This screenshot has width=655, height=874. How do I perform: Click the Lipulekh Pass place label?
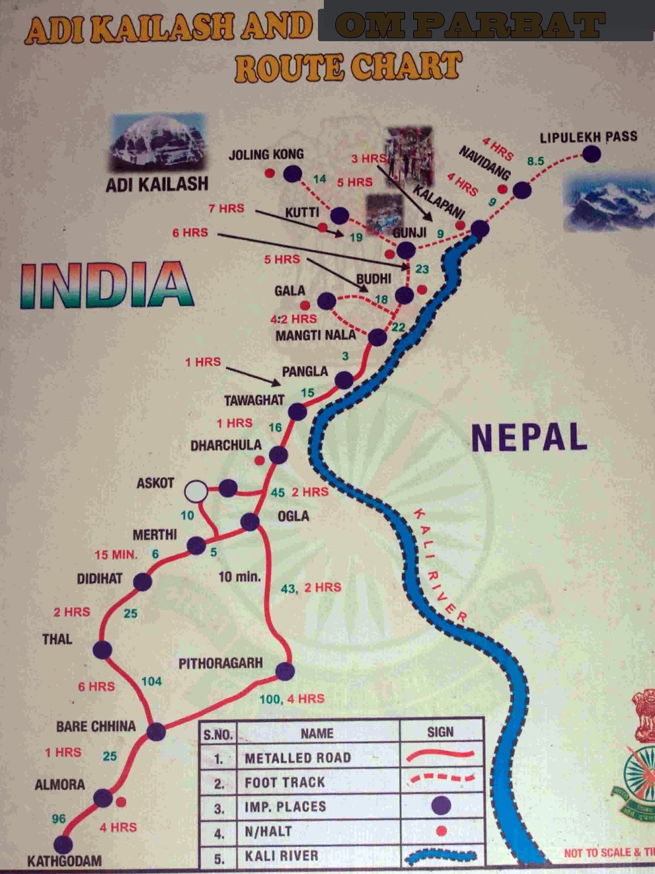tap(588, 137)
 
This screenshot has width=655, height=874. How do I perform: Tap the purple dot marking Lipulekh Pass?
tap(591, 155)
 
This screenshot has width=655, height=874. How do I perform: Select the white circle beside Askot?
tap(196, 491)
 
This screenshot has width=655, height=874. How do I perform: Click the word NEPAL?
tap(529, 438)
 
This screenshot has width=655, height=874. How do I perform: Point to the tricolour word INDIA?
tap(107, 286)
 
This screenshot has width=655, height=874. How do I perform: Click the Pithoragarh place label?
tap(220, 663)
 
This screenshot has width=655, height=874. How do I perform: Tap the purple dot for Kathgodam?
tap(63, 845)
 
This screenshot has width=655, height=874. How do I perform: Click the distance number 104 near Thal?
tap(151, 681)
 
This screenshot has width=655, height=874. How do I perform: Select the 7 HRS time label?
tap(226, 208)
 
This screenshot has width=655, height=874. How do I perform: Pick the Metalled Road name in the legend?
tap(297, 758)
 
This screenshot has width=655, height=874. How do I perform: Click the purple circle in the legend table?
tap(441, 805)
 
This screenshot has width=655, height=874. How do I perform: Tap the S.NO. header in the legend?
tap(218, 734)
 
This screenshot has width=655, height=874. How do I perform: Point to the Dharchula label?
tap(226, 445)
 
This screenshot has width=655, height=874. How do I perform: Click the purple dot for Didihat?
tap(142, 582)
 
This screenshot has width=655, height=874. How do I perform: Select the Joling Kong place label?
tap(266, 155)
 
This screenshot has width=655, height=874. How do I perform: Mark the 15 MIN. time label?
tap(115, 554)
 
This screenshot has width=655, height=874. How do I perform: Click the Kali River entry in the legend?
tap(281, 855)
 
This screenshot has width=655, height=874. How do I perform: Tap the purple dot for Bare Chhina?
tap(156, 731)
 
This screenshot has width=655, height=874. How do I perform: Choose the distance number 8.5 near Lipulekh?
tap(535, 161)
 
